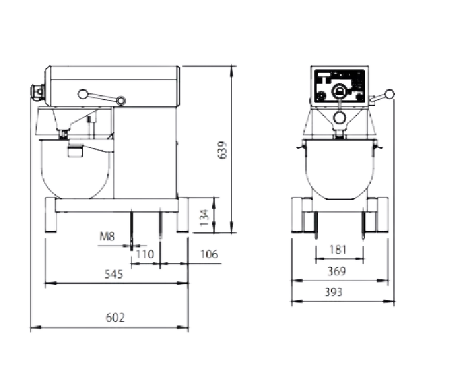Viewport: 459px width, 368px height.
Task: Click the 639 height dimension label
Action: (223, 150)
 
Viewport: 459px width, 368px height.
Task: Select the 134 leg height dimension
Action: (204, 218)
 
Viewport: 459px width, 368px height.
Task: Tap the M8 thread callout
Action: (107, 236)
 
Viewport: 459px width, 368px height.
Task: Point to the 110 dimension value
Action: (145, 254)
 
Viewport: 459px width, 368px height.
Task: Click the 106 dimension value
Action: (209, 254)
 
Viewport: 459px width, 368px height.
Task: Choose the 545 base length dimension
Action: (114, 274)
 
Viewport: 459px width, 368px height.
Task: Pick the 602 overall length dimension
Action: (115, 317)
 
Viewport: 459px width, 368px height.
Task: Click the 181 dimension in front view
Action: (338, 250)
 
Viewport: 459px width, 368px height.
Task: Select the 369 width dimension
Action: (336, 271)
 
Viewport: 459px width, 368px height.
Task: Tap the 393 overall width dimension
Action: (333, 292)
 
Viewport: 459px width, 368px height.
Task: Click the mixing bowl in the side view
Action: (76, 169)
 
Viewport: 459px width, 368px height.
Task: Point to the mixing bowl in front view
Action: (340, 169)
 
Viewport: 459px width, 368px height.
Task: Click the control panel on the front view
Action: (340, 86)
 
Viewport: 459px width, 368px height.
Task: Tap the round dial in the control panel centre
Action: (339, 91)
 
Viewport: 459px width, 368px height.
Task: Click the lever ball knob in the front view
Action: (389, 94)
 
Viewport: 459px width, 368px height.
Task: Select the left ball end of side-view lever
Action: (83, 94)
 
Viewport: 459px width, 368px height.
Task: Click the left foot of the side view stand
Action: (50, 215)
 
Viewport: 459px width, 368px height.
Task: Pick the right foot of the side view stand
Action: (182, 215)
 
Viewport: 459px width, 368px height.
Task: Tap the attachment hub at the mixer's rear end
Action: (37, 91)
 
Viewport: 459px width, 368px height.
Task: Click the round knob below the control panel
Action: (340, 117)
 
